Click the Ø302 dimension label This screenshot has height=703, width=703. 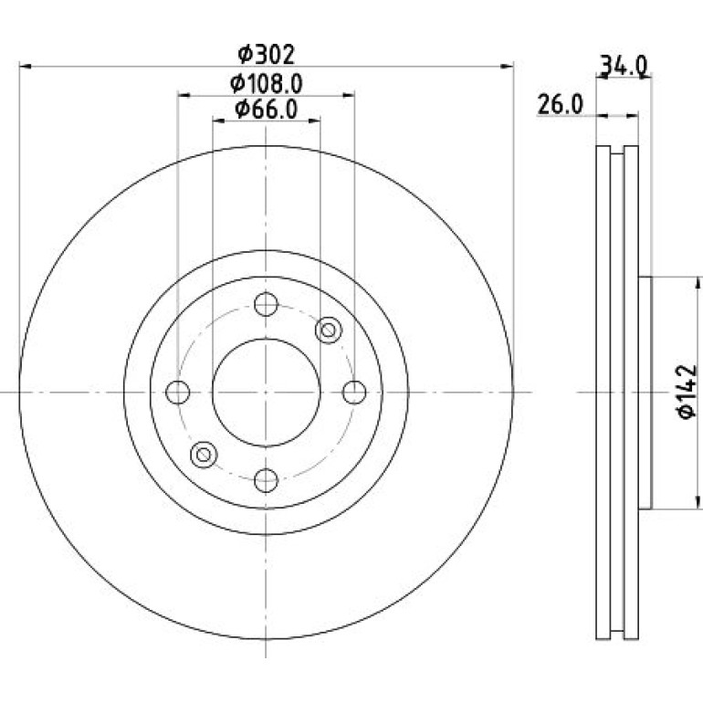pyautogui.click(x=266, y=55)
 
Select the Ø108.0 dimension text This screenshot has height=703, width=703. pyautogui.click(x=267, y=83)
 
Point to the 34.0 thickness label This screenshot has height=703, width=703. pyautogui.click(x=624, y=67)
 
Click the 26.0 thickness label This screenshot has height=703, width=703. pyautogui.click(x=560, y=105)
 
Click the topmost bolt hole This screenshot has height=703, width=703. pyautogui.click(x=266, y=304)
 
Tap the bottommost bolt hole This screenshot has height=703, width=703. pyautogui.click(x=266, y=480)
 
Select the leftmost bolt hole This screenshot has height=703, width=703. pyautogui.click(x=177, y=393)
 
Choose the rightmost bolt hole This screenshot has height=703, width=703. pyautogui.click(x=354, y=393)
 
